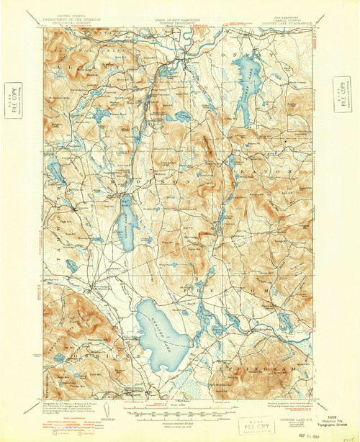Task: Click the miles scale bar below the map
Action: [x=177, y=415]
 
